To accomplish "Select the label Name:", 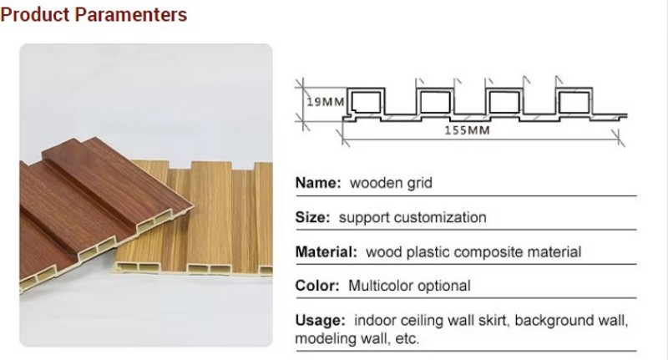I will click(318, 182).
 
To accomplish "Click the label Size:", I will click(314, 217).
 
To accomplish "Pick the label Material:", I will click(326, 251).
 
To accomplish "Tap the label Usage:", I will click(321, 321).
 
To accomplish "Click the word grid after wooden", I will click(418, 182).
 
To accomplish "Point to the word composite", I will click(490, 251).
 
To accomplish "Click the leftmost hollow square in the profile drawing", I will click(364, 102).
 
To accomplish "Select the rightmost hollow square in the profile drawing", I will click(572, 102).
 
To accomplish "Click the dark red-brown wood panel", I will click(92, 205).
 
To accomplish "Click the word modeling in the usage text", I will click(322, 339).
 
